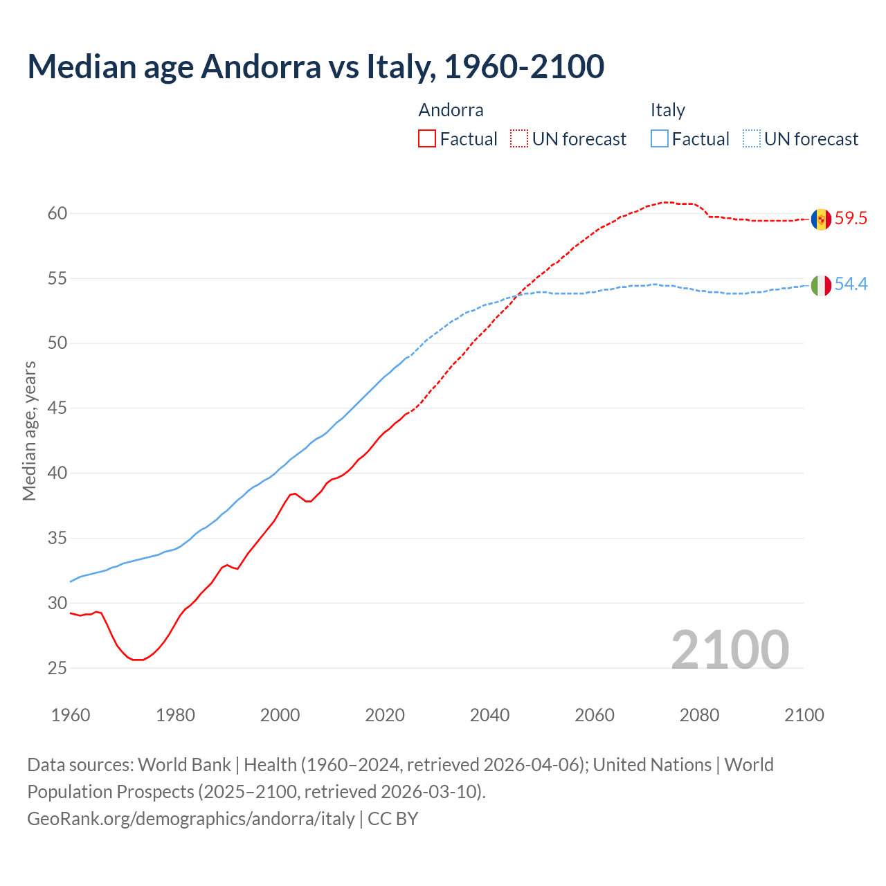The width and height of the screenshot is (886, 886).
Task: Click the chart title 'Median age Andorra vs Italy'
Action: pos(316,66)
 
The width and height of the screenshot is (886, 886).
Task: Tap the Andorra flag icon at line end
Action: pos(821,219)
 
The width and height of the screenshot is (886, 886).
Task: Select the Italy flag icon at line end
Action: pos(821,284)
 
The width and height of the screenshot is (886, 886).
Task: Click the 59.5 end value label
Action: pos(851,219)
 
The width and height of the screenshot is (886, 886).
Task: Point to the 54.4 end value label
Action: pos(851,284)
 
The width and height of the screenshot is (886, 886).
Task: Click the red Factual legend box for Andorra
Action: pos(427,139)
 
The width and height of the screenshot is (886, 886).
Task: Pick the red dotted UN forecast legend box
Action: pos(519,139)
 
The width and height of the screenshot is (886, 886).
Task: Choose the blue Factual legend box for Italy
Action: pos(660,139)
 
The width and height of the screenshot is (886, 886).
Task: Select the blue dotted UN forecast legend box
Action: pos(751,139)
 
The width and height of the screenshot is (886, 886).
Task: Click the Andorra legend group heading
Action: pos(451,110)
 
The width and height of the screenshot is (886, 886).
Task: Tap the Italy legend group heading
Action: pos(667,110)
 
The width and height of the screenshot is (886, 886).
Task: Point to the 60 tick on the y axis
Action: pos(57,213)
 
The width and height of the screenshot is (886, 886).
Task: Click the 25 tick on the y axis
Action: pos(57,668)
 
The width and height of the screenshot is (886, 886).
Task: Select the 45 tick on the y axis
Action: pos(57,408)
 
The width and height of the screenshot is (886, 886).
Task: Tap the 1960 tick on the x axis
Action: pos(71,715)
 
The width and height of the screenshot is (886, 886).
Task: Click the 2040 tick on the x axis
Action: pos(489,715)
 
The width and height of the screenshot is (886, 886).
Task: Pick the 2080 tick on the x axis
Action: pos(699,715)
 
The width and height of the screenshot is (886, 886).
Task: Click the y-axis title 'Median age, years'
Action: pos(29,431)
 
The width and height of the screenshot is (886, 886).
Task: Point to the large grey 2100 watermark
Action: pos(730,650)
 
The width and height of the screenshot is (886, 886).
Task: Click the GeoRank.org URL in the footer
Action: pos(191,819)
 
